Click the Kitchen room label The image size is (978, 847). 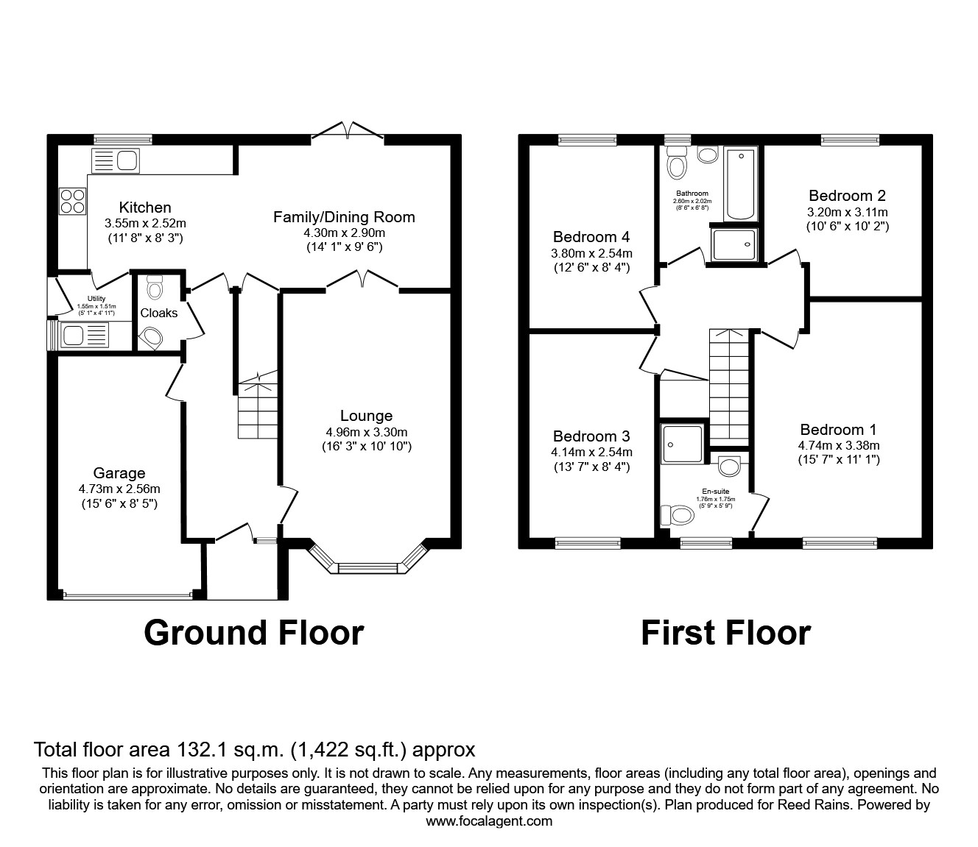145,208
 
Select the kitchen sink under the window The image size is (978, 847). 116,160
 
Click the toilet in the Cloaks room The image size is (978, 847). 155,287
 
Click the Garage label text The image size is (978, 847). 119,473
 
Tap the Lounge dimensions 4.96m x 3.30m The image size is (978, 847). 366,432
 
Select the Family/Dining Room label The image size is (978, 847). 344,217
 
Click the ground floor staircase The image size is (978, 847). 257,412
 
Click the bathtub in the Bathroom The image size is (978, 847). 741,183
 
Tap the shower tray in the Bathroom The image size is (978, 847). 733,244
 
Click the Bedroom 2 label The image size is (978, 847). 847,196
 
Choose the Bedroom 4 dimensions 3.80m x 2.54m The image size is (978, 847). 591,252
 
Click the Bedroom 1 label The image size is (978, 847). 839,430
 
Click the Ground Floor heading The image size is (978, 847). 253,632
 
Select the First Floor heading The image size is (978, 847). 725,632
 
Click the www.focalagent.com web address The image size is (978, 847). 489,821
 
